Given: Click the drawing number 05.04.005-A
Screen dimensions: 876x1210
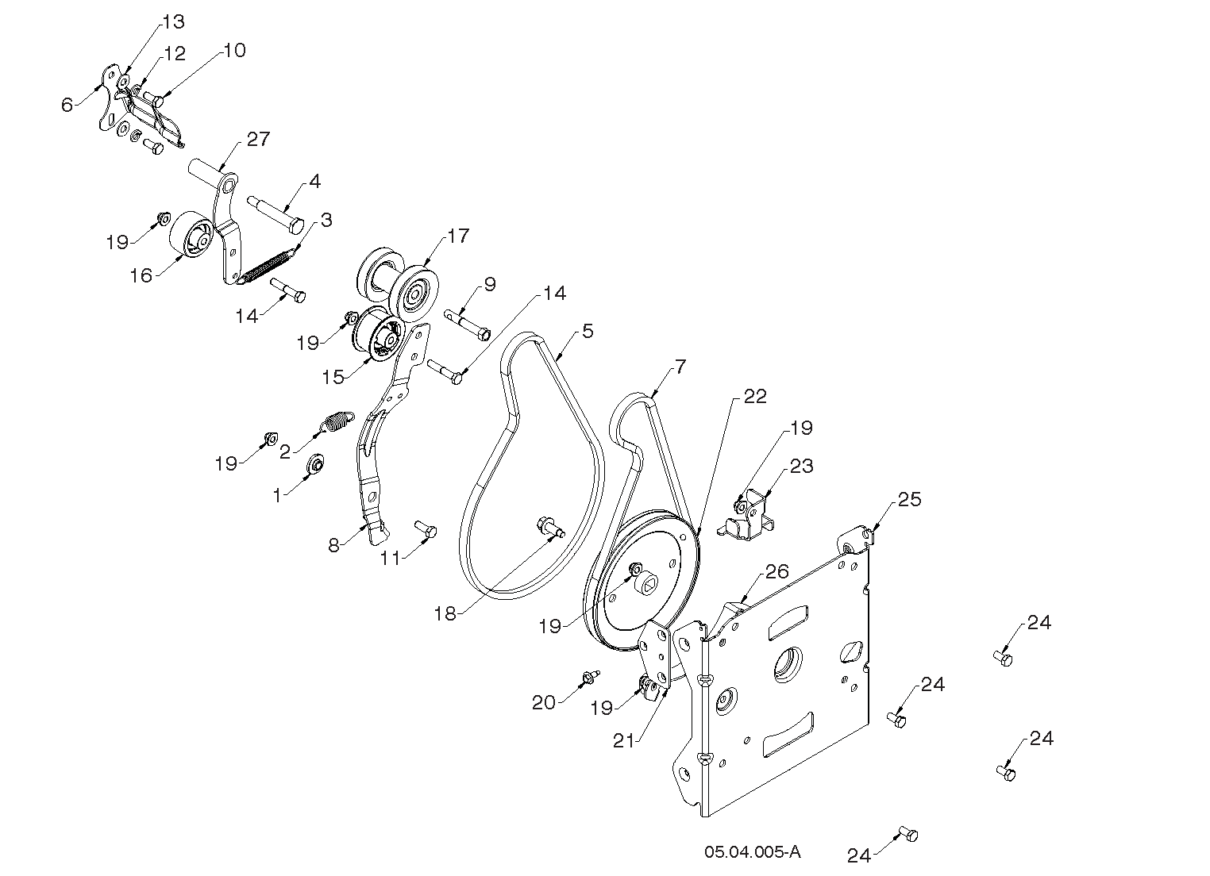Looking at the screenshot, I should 752,852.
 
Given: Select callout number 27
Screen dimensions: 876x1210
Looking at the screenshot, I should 258,140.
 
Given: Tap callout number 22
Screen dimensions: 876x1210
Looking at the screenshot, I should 754,397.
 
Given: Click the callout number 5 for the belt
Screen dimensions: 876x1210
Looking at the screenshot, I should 587,331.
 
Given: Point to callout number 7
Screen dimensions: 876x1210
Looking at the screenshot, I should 680,367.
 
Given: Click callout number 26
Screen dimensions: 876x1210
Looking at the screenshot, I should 776,571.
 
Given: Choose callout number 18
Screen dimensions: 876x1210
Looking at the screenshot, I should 445,613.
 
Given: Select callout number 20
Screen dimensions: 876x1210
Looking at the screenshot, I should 543,702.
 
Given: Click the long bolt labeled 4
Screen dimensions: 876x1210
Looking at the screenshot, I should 274,214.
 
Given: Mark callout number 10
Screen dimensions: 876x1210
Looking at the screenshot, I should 234,51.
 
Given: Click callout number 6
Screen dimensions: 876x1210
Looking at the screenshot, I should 67,104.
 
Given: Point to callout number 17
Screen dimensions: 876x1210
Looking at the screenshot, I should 458,236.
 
